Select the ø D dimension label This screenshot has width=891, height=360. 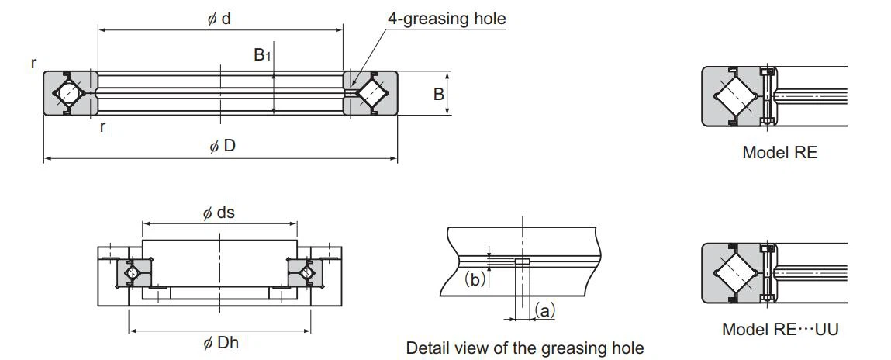pyautogui.click(x=222, y=147)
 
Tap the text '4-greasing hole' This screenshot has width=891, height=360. pyautogui.click(x=447, y=18)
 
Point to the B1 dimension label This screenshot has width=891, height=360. pyautogui.click(x=263, y=55)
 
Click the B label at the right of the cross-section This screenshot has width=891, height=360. pyautogui.click(x=438, y=94)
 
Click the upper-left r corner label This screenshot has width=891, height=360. pyautogui.click(x=34, y=63)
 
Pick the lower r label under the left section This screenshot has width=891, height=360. pyautogui.click(x=102, y=126)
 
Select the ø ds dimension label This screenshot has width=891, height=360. pyautogui.click(x=219, y=213)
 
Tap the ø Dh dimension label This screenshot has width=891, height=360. pyautogui.click(x=220, y=342)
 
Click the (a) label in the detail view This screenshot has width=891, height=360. pyautogui.click(x=545, y=311)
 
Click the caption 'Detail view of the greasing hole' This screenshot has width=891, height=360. pyautogui.click(x=524, y=348)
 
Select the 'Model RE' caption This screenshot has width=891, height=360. pyautogui.click(x=779, y=152)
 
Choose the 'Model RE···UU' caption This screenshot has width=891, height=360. pyautogui.click(x=779, y=329)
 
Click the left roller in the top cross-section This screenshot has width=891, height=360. pyautogui.click(x=69, y=93)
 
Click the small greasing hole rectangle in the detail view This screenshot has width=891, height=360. pyautogui.click(x=523, y=262)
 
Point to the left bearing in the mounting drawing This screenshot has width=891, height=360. pyautogui.click(x=130, y=272)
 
